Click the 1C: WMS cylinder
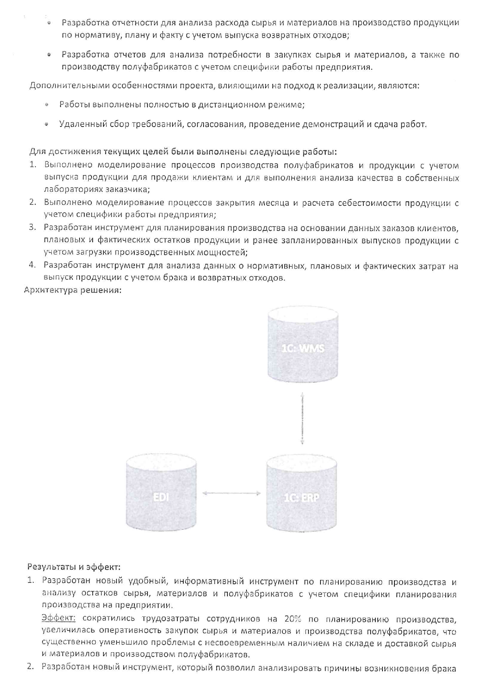click(x=303, y=348)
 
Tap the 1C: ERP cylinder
click(x=302, y=497)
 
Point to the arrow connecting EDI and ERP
click(x=231, y=493)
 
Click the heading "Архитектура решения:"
click(x=72, y=290)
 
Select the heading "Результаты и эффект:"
click(x=74, y=566)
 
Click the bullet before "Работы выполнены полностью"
click(x=47, y=105)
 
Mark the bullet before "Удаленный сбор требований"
click(x=47, y=125)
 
